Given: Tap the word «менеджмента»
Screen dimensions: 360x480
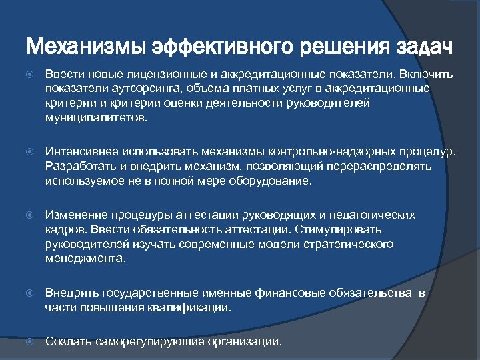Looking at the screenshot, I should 85,257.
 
